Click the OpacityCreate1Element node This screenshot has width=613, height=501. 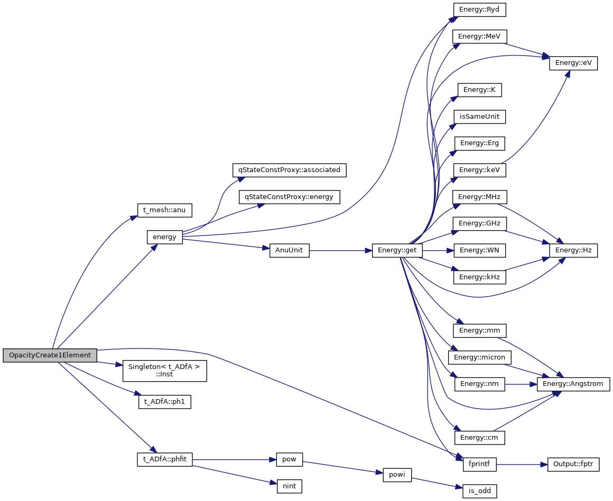click(x=50, y=355)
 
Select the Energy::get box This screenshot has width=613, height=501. click(x=397, y=250)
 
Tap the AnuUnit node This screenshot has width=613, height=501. click(x=289, y=250)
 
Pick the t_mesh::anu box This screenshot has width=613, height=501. click(x=164, y=210)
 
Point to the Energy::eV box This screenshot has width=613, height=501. click(x=573, y=63)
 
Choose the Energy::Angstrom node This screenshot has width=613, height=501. click(x=573, y=384)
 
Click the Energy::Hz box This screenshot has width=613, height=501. click(x=573, y=250)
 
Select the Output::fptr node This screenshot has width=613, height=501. click(x=573, y=464)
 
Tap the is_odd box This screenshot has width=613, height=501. click(x=480, y=491)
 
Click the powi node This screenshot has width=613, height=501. click(x=396, y=474)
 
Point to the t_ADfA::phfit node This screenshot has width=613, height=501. click(x=165, y=460)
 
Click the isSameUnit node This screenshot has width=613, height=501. click(x=480, y=117)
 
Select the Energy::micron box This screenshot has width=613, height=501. click(x=480, y=357)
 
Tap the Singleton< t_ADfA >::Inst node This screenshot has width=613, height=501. click(x=164, y=371)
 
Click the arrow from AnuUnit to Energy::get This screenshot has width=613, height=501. click(x=341, y=250)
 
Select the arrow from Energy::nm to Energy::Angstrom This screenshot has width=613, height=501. click(x=521, y=384)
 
